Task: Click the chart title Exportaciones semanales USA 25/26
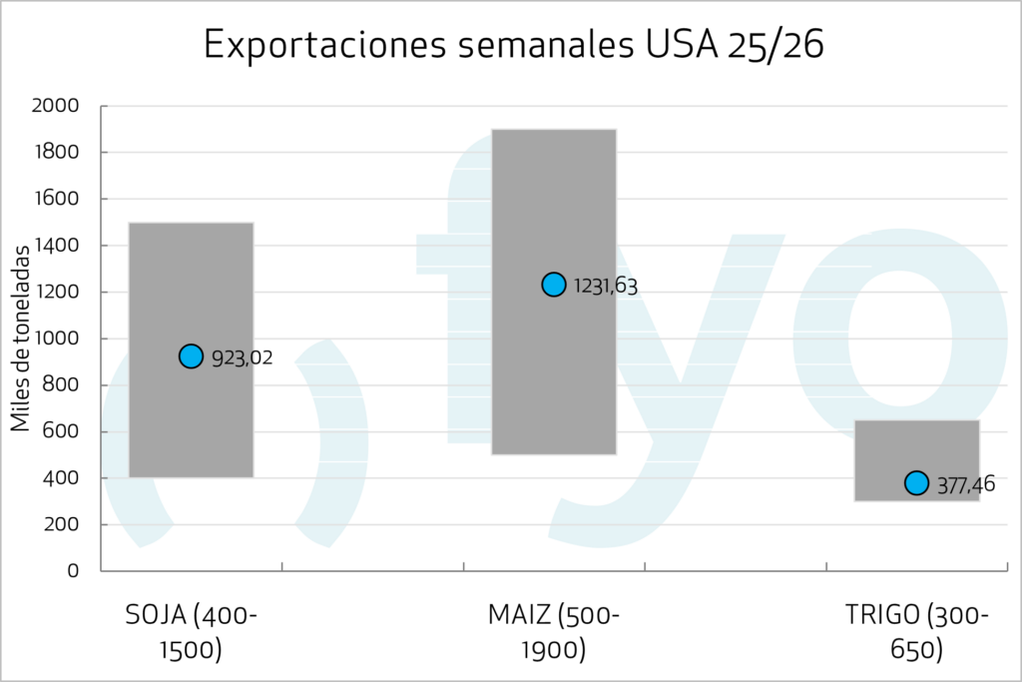(x=513, y=46)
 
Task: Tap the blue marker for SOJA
(x=192, y=355)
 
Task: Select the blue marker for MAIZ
(x=554, y=285)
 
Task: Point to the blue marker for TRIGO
(x=916, y=483)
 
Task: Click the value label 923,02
(x=243, y=357)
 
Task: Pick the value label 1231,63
(x=605, y=287)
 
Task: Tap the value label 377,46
(x=964, y=485)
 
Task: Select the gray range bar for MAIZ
(x=554, y=379)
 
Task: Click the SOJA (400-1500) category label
(x=192, y=632)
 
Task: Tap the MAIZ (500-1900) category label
(x=554, y=632)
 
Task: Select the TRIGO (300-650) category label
(x=916, y=632)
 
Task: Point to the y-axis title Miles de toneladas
(x=21, y=339)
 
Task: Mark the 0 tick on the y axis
(x=73, y=571)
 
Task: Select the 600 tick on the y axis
(x=64, y=431)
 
